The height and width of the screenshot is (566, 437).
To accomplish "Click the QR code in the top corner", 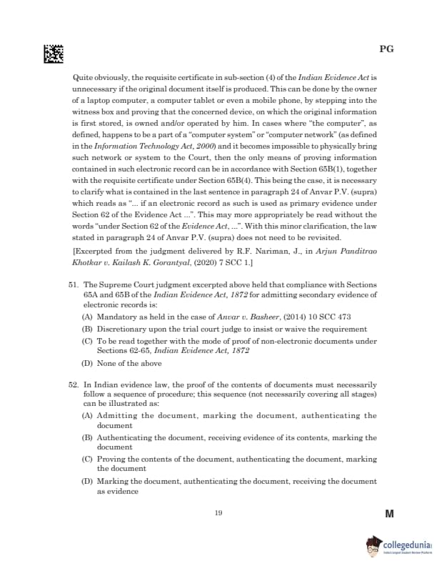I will pyautogui.click(x=54, y=52).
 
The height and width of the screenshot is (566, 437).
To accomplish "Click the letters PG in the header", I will pyautogui.click(x=386, y=49).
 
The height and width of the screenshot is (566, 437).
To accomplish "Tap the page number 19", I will pyautogui.click(x=218, y=512).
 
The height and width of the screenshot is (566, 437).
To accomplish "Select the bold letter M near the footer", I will pyautogui.click(x=389, y=515).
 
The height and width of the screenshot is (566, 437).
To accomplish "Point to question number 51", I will pyautogui.click(x=74, y=284).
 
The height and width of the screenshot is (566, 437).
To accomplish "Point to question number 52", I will pyautogui.click(x=74, y=384).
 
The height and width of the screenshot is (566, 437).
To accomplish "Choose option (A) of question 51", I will pyautogui.click(x=86, y=314).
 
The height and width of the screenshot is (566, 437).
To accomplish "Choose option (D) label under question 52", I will pyautogui.click(x=86, y=482).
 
